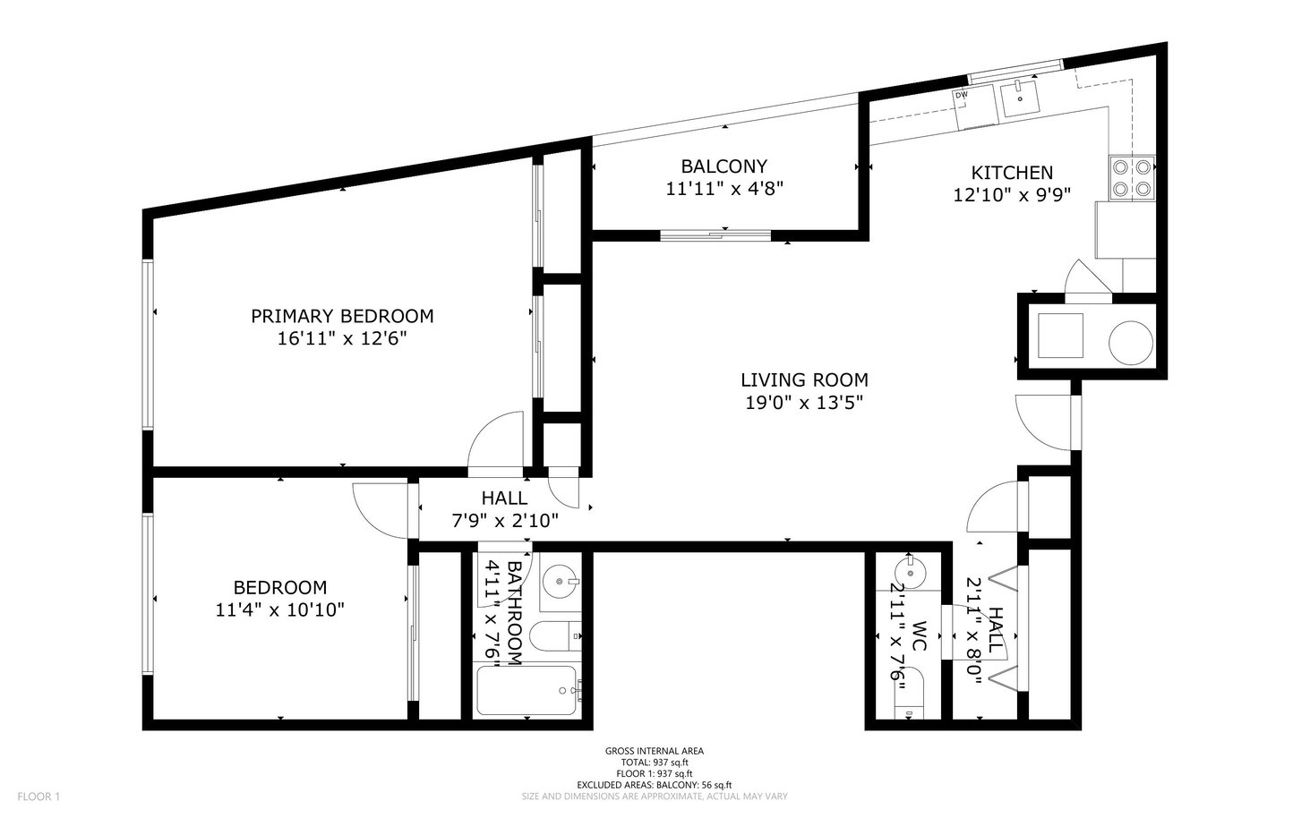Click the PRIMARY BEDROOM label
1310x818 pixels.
pos(342,316)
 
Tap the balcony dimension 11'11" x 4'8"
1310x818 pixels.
pos(724,189)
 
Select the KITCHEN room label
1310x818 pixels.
pos(1012,173)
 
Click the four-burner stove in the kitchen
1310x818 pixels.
pos(1132,178)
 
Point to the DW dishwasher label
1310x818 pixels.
pos(962,94)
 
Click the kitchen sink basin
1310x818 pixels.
pos(1019,98)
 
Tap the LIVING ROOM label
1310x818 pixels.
pos(804,380)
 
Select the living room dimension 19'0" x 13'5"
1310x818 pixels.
pos(804,403)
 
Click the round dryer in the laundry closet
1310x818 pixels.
pos(1130,343)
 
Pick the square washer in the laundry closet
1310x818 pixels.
pos(1060,336)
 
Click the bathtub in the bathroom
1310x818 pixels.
pos(527,690)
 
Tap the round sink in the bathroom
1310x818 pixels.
pos(561,581)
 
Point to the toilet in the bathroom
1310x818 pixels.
pos(555,636)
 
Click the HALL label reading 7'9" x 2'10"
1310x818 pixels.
pos(505,509)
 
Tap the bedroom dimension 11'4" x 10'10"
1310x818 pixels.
pos(279,609)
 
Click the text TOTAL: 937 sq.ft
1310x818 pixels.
pos(655,763)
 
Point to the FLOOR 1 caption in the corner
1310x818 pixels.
pos(39,797)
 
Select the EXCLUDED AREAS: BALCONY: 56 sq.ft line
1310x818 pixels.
pos(655,785)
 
